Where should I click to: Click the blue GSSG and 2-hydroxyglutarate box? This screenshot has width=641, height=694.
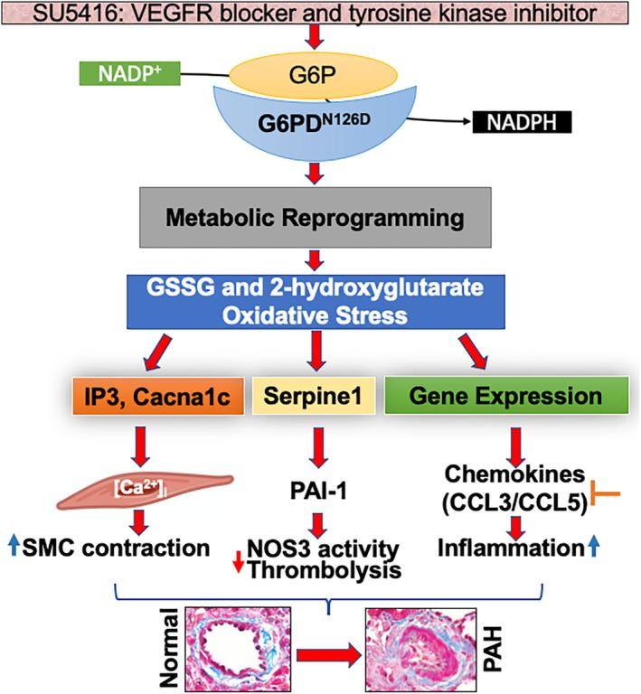pos(314,301)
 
